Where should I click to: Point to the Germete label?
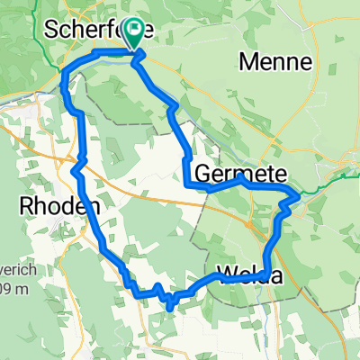coord(229,173)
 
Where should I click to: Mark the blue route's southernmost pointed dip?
coord(169,309)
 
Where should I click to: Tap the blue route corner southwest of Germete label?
coord(186,185)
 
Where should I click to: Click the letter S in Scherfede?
coord(51,29)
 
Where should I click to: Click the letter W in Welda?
coord(225,275)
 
